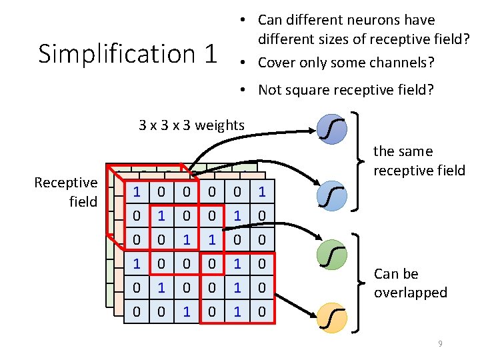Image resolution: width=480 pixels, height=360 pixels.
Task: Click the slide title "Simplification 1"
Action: (x=127, y=54)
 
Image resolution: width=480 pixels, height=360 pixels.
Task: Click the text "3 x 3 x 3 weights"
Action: (x=191, y=125)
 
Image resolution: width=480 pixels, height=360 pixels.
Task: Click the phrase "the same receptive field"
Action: (x=419, y=161)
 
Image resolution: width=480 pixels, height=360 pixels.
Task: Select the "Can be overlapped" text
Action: (x=410, y=283)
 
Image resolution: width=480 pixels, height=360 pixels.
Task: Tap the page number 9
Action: (x=439, y=343)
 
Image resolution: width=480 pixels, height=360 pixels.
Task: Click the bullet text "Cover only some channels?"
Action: (x=346, y=63)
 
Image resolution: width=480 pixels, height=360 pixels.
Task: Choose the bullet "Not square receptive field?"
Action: (x=345, y=90)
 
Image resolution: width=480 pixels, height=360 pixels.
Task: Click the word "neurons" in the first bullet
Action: (x=367, y=20)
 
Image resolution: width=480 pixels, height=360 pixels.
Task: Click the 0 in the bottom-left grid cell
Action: (x=137, y=311)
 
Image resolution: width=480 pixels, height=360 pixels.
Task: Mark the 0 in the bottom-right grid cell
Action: (x=261, y=311)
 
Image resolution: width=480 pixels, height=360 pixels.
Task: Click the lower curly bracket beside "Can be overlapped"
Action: (x=363, y=283)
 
